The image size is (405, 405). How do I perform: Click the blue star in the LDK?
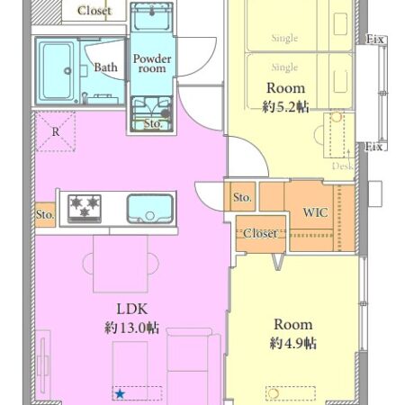click(120, 393)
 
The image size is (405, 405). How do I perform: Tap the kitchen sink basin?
click(150, 209)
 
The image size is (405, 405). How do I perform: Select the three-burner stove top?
click(85, 209)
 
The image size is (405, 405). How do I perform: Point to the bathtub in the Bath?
click(56, 71)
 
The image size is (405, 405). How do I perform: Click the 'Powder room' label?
click(152, 63)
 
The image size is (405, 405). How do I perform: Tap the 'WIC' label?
click(315, 212)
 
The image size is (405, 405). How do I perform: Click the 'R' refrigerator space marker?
click(56, 131)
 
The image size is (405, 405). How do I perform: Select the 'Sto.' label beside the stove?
click(45, 214)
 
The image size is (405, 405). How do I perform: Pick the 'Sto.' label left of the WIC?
click(242, 197)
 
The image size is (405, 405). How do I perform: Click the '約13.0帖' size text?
click(132, 328)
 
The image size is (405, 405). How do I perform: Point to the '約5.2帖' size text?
click(285, 106)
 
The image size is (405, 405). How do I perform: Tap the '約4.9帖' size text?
click(293, 343)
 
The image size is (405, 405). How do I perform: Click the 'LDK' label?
click(132, 309)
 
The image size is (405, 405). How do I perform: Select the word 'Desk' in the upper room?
click(343, 166)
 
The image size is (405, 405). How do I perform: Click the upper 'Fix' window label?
click(375, 40)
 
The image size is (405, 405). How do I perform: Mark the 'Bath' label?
click(105, 67)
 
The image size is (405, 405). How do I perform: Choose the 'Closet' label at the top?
click(94, 11)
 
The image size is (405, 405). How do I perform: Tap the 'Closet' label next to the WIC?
click(260, 233)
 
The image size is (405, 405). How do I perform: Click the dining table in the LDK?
click(121, 264)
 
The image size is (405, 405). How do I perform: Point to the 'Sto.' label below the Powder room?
click(153, 123)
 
